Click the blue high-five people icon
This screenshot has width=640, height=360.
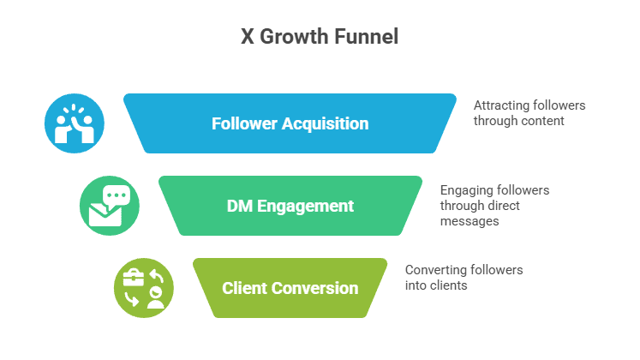(x=74, y=123)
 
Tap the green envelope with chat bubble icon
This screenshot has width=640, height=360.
(x=108, y=206)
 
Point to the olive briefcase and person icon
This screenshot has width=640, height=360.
(x=143, y=287)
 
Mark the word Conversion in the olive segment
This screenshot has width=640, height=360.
(x=319, y=288)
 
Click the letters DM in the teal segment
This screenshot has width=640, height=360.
(x=239, y=206)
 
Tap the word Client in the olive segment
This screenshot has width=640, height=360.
(x=243, y=288)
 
